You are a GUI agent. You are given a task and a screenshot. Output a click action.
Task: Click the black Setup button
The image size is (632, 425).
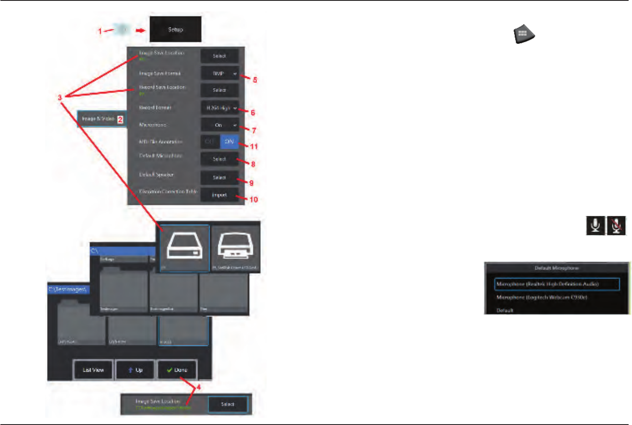pos(175,30)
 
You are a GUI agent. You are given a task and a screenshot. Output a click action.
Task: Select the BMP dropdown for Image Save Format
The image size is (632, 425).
pos(219,74)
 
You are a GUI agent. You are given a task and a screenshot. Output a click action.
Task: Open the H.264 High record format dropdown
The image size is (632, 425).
pos(219,108)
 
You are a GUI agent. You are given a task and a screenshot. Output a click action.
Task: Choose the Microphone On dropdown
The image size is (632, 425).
pos(219,125)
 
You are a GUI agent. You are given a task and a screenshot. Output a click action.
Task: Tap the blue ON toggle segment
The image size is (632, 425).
pos(229,142)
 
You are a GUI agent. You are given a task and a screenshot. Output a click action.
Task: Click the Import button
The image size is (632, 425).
pos(219,195)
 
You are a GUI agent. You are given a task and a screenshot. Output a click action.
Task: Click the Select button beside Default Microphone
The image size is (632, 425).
pos(219,159)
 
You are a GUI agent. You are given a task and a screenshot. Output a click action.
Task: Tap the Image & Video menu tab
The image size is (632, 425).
pos(100,119)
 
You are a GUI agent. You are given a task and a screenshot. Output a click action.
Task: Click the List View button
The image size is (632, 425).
pos(93,370)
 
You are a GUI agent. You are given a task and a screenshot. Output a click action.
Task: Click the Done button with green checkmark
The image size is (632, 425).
pos(177,370)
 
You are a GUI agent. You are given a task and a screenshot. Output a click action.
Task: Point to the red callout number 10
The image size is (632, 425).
pos(254,199)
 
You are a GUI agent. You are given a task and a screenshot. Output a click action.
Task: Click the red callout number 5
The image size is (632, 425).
pos(255,80)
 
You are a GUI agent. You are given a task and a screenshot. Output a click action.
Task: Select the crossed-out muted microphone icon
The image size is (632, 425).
pos(616,225)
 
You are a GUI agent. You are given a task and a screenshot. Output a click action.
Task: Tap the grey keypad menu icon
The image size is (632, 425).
pos(524,34)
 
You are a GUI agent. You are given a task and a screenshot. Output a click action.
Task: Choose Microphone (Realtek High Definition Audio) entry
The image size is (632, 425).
pos(556,284)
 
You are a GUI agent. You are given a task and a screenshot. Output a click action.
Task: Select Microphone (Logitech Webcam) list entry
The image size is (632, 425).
pos(542,297)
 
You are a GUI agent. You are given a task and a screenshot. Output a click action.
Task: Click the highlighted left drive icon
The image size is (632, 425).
pos(185,248)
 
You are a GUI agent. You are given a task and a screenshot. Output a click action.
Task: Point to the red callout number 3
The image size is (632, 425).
pos(60,98)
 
